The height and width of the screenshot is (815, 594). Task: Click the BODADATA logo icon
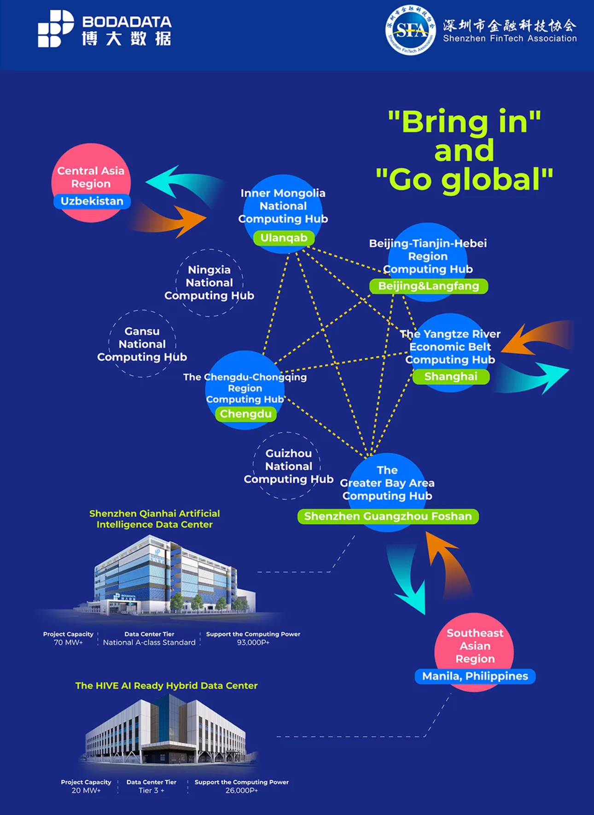click(x=55, y=29)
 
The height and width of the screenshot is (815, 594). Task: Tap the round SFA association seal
click(x=410, y=30)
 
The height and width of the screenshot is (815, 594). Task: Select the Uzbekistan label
click(x=92, y=201)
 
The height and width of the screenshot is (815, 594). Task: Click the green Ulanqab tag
click(x=284, y=238)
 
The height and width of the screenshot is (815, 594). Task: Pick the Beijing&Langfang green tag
click(x=428, y=286)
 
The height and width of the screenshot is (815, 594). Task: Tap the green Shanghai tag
click(x=451, y=377)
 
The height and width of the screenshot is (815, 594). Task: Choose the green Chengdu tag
click(x=245, y=414)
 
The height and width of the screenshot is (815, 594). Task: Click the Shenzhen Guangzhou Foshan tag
click(x=388, y=516)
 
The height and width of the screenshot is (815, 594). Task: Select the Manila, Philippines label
click(x=475, y=676)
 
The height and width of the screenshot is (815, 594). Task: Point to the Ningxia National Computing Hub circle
click(x=210, y=283)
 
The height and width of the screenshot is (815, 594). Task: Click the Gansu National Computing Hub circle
click(x=142, y=344)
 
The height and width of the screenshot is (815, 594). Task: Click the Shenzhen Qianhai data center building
click(x=170, y=576)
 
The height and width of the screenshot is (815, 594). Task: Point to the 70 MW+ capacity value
click(x=68, y=642)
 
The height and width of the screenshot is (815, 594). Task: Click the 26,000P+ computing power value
click(x=241, y=791)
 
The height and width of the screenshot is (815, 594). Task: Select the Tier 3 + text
click(x=151, y=791)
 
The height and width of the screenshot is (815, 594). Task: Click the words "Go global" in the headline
click(x=464, y=179)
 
